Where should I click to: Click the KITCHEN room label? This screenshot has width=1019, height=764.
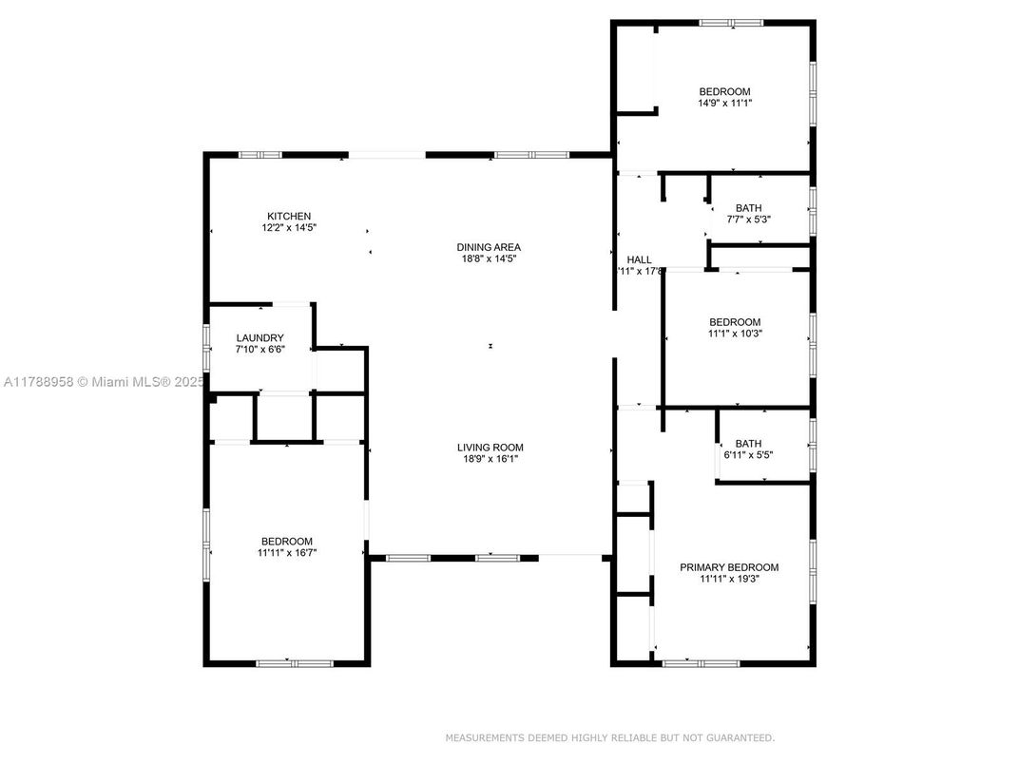[289, 217]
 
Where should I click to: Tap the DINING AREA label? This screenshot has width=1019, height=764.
[489, 247]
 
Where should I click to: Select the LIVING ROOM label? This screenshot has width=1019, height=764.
[490, 448]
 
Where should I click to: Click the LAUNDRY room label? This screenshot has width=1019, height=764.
[260, 338]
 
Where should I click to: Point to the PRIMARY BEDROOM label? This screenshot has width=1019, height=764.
[729, 567]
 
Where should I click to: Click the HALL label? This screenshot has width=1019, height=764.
[639, 259]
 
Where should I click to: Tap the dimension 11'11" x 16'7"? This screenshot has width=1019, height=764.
[286, 552]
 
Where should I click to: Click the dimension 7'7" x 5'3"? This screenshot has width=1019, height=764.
[748, 220]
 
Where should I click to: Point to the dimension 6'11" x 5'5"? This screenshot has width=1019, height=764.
[748, 455]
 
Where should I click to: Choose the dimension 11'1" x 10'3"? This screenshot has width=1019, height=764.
[735, 334]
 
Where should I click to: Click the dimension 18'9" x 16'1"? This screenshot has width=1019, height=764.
[490, 459]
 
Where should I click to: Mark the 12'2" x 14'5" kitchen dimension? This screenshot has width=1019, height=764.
[289, 228]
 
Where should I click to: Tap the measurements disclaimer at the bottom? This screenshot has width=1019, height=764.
[609, 737]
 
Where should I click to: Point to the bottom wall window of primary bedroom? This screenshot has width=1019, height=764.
[687, 662]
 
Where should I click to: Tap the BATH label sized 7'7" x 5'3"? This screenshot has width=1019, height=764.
[748, 208]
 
